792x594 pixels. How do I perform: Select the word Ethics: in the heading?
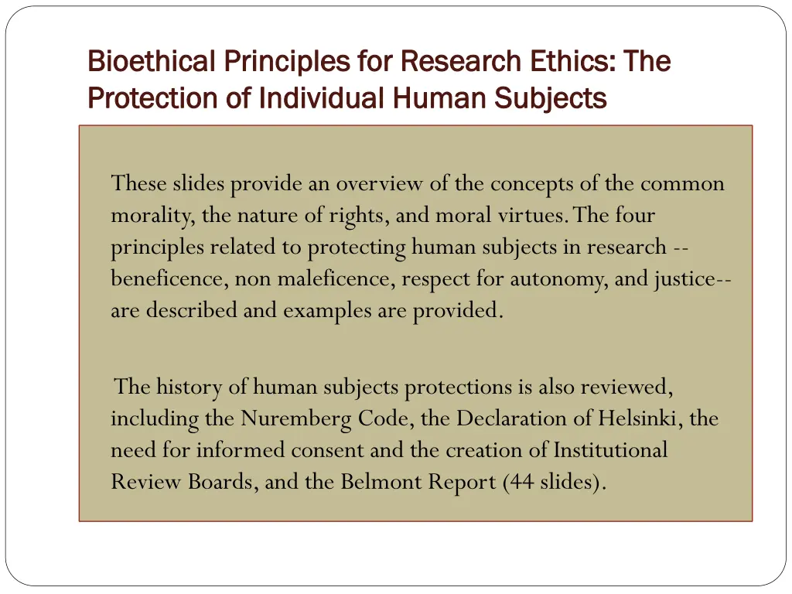click(575, 60)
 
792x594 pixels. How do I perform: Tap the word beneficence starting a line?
click(166, 279)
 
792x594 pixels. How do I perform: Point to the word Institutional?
click(609, 450)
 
